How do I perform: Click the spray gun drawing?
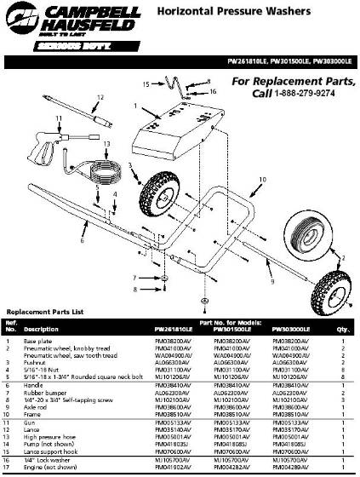point(43,147)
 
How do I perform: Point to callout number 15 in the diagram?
point(146,85)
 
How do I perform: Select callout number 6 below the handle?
point(83,241)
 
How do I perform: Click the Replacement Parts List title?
point(43,313)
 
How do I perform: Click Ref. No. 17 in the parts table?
point(10,467)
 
